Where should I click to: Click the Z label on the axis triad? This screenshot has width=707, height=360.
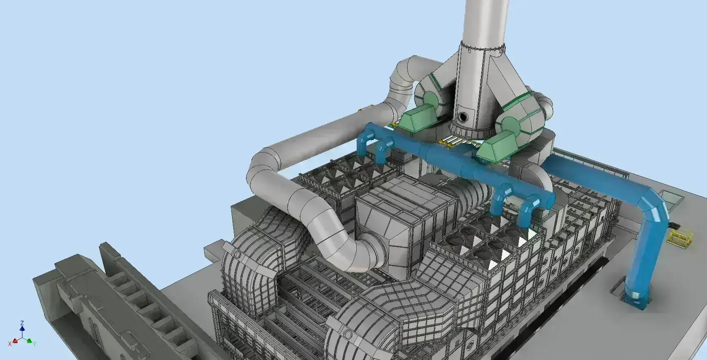[x=22, y=323]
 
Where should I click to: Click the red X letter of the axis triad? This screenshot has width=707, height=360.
[x=10, y=344]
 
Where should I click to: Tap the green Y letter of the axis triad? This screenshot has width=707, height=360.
[x=35, y=344]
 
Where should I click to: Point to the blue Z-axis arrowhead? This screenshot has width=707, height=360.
[x=22, y=328]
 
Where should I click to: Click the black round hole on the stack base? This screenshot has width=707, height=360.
[x=463, y=117]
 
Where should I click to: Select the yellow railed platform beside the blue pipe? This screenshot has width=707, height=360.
[x=680, y=237]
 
